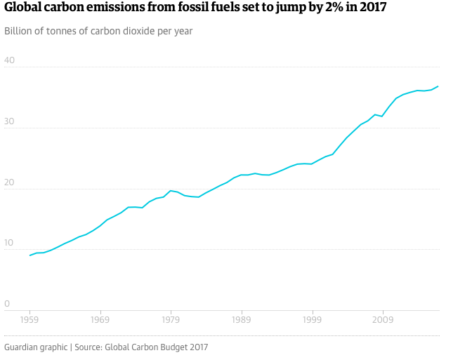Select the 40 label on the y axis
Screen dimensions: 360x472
[10, 60]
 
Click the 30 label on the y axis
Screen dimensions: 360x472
[10, 121]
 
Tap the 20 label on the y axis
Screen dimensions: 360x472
[10, 182]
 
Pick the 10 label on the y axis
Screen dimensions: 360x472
[10, 242]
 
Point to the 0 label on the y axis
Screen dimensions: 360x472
[7, 303]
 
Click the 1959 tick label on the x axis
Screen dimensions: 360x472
[29, 319]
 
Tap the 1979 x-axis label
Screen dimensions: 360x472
[171, 319]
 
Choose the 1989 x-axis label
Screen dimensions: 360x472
[242, 319]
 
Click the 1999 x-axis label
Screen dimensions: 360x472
[312, 319]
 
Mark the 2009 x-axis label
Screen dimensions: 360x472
[383, 319]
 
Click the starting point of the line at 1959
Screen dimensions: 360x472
[29, 255]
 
